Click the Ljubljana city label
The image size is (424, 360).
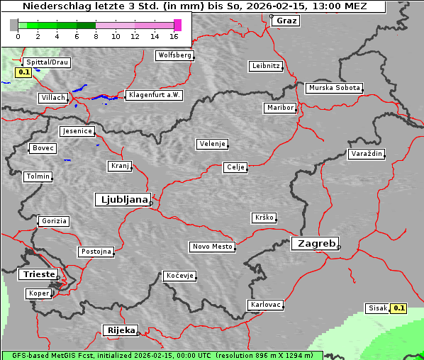click(x=122, y=200)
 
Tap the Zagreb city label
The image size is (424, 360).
click(x=314, y=243)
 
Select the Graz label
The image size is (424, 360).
click(x=286, y=21)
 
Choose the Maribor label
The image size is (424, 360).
click(x=279, y=108)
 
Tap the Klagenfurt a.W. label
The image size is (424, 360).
click(x=153, y=95)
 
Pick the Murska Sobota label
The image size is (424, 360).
click(x=334, y=89)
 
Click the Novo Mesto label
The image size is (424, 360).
click(x=212, y=247)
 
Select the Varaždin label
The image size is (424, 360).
click(x=367, y=154)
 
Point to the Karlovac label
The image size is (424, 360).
click(x=266, y=305)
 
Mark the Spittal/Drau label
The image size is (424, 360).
click(x=46, y=62)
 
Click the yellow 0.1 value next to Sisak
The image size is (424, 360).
click(x=399, y=308)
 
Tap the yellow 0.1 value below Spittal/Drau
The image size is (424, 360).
click(x=23, y=72)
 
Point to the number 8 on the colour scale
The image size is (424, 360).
click(x=96, y=36)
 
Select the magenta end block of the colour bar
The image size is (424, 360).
click(x=177, y=25)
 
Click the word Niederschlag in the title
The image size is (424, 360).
click(x=50, y=6)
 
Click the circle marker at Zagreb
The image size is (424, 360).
click(x=339, y=247)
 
